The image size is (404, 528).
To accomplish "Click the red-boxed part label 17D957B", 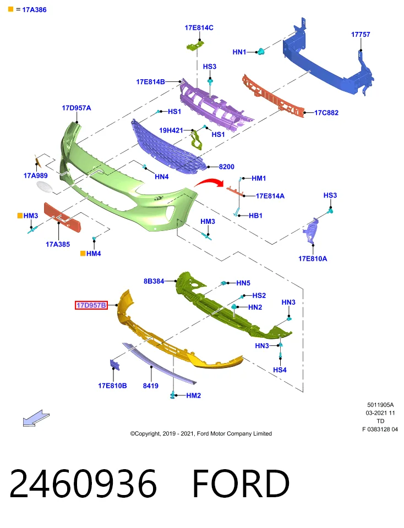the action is click(x=91, y=305).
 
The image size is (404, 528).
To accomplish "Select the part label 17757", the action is click(x=360, y=34).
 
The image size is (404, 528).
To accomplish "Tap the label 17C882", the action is click(x=326, y=113).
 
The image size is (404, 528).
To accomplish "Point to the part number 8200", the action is click(x=226, y=167).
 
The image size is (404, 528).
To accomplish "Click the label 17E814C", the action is click(x=199, y=28).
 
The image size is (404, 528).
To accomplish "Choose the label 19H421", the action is click(x=171, y=130).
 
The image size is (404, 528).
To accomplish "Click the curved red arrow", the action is click(x=209, y=183).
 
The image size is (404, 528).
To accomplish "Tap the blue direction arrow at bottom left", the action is click(x=36, y=418).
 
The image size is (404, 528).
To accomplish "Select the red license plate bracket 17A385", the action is click(x=63, y=217).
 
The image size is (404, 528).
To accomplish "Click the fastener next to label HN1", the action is click(x=260, y=52).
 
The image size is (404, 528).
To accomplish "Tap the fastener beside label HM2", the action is click(x=173, y=395).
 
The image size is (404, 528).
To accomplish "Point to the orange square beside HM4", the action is click(x=83, y=253).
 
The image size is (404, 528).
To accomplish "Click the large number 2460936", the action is click(x=83, y=483).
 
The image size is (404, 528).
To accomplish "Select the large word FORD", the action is click(x=241, y=483).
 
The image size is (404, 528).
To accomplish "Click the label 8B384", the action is click(x=154, y=281).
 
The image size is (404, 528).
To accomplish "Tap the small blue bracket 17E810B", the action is click(x=114, y=365).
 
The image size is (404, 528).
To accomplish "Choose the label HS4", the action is click(x=280, y=370).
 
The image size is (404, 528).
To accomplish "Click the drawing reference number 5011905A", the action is click(x=380, y=405).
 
